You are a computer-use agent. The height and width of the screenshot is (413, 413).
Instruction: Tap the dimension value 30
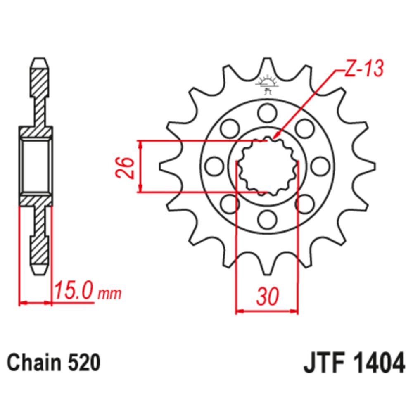(267, 296)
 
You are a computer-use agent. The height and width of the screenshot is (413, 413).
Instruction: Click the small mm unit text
(110, 294)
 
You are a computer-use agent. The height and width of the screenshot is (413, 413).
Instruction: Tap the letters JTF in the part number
(323, 364)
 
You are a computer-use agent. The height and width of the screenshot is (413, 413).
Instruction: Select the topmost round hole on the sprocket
(267, 112)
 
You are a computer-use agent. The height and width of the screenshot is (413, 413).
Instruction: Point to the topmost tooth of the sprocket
(267, 66)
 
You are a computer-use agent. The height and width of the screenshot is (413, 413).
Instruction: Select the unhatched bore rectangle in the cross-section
(36, 166)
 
